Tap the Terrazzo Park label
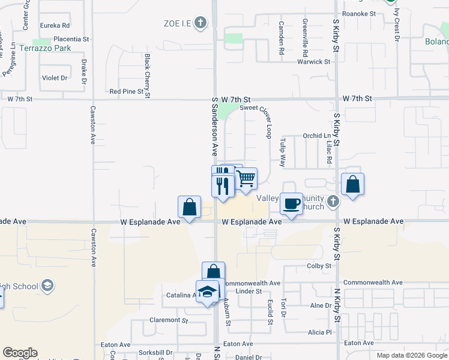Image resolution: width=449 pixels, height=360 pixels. click(x=46, y=48)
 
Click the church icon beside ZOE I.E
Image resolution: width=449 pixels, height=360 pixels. click(x=200, y=23)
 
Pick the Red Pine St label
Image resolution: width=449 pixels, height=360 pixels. click(x=127, y=92)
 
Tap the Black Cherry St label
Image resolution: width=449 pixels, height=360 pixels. click(x=148, y=75)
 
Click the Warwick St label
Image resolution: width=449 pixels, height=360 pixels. click(x=314, y=61)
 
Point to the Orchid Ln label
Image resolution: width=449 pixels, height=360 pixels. click(x=313, y=136)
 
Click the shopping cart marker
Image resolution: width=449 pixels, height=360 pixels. click(x=246, y=178)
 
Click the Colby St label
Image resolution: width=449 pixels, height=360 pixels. click(x=319, y=265)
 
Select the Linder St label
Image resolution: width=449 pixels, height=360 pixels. click(x=249, y=291)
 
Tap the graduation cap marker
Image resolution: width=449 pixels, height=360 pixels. click(x=208, y=292)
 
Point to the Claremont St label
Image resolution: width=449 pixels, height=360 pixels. click(x=164, y=320)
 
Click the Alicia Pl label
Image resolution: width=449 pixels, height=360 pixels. click(x=320, y=332)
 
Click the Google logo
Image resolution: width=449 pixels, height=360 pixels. click(x=20, y=353)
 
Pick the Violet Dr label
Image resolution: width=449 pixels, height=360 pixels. click(x=55, y=78)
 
